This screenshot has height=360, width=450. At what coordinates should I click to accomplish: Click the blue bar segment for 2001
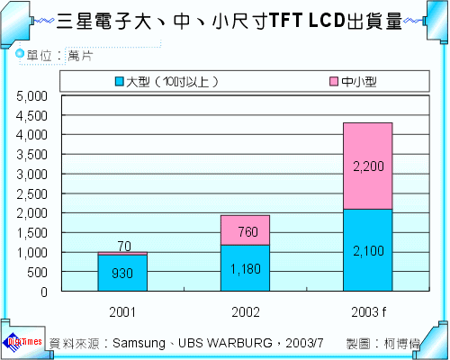click(122, 274)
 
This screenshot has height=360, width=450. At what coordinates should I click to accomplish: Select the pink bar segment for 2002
click(245, 229)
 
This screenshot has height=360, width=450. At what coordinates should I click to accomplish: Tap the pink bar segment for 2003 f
click(367, 166)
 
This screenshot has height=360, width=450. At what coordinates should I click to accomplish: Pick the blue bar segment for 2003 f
click(367, 250)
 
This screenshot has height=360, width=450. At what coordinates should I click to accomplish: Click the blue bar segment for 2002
click(245, 268)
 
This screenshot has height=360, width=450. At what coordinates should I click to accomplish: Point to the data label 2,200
click(367, 166)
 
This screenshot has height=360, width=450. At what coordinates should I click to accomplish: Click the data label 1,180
click(245, 269)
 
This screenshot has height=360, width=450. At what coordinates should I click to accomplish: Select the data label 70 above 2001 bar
click(122, 245)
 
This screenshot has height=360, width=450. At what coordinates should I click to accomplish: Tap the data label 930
click(122, 274)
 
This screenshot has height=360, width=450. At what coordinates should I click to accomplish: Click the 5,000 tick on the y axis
click(32, 95)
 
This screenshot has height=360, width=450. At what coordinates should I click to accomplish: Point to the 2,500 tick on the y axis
click(32, 193)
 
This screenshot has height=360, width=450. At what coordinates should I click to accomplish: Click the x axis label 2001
click(122, 311)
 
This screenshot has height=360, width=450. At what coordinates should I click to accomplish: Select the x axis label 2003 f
click(367, 311)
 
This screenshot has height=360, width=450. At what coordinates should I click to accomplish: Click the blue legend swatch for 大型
click(120, 82)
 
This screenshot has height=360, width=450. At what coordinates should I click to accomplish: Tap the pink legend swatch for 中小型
click(334, 82)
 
